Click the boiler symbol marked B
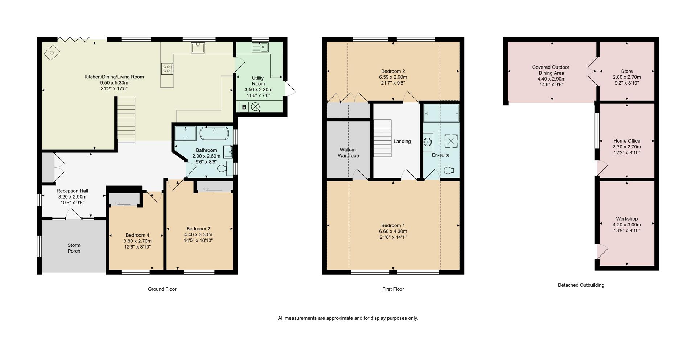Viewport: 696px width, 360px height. pyautogui.click(x=244, y=107)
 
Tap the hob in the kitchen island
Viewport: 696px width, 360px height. pyautogui.click(x=167, y=69)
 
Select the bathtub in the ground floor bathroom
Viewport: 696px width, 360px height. pyautogui.click(x=214, y=133)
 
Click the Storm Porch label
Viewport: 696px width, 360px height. pyautogui.click(x=74, y=248)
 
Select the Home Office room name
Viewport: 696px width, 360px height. pyautogui.click(x=626, y=141)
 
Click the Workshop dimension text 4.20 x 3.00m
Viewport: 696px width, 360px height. pyautogui.click(x=626, y=225)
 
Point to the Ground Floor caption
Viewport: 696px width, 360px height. pyautogui.click(x=162, y=289)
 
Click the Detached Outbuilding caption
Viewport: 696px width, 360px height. pyautogui.click(x=581, y=285)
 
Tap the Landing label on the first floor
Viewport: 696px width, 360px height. pyautogui.click(x=402, y=141)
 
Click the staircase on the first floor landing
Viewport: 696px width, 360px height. pyautogui.click(x=383, y=138)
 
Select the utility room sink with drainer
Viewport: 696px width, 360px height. pyautogui.click(x=260, y=47)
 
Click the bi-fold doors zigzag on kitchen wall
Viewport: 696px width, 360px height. pyautogui.click(x=74, y=39)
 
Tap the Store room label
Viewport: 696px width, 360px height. pyautogui.click(x=626, y=71)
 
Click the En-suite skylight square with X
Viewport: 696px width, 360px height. pyautogui.click(x=451, y=141)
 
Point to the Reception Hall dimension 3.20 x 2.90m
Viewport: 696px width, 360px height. pyautogui.click(x=72, y=197)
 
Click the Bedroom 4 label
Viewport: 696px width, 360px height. pyautogui.click(x=137, y=235)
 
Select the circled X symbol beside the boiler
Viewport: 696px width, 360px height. pyautogui.click(x=256, y=107)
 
